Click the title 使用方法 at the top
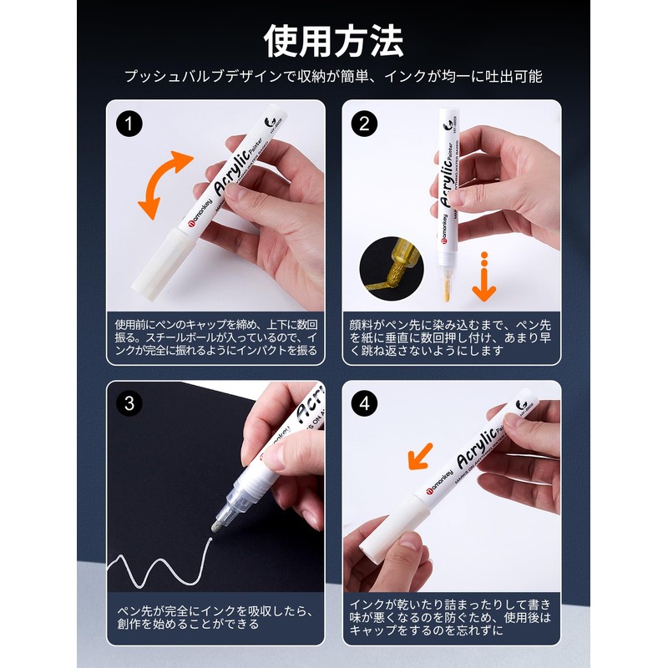tap(334, 39)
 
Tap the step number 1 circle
tap(129, 124)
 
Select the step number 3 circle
tap(129, 403)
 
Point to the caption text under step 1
tap(215, 337)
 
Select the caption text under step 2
tap(451, 337)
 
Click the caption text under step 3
tap(215, 616)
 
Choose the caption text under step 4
tap(451, 616)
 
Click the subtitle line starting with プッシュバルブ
tap(334, 76)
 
